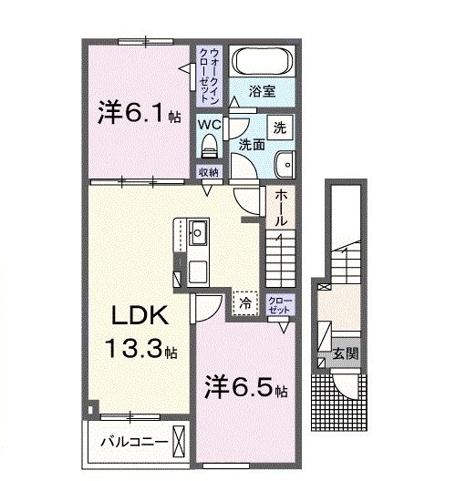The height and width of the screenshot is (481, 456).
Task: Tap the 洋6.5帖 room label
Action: point(245,387)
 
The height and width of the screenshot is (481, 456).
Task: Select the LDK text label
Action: point(138,315)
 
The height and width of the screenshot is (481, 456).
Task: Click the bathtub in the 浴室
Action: point(260,63)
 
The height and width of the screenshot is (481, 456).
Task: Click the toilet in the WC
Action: point(209,144)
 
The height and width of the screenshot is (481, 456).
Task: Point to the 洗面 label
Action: point(253,145)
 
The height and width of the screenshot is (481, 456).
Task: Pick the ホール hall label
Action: point(280,209)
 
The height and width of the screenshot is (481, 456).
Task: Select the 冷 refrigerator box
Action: point(245,302)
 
